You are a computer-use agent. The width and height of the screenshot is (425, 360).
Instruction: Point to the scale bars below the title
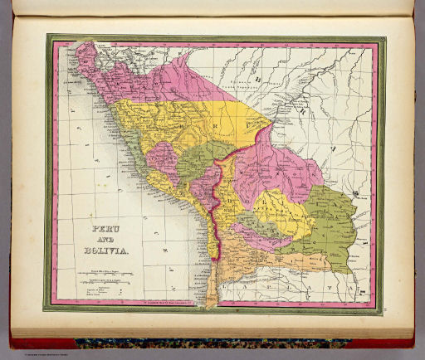pos(98,273)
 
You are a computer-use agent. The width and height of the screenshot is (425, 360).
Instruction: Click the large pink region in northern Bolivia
pos(282,166)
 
